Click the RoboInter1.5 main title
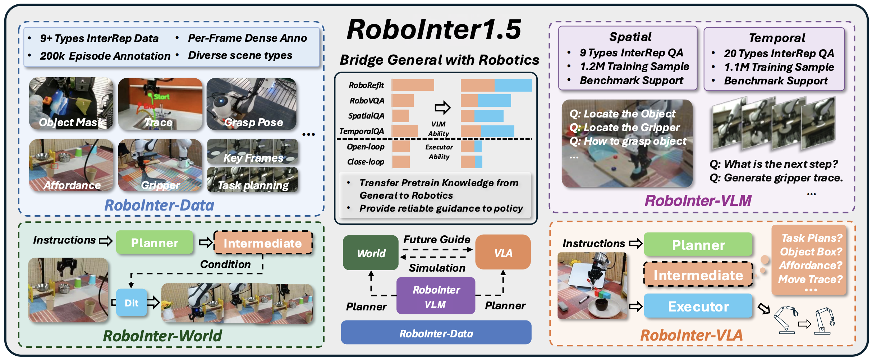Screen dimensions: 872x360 434,29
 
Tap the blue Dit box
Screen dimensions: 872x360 132,303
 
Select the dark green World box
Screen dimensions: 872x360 371,253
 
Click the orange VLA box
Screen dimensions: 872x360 503,253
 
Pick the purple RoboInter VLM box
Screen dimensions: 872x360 436,296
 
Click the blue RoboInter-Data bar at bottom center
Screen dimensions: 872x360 436,333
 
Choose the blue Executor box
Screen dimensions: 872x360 698,306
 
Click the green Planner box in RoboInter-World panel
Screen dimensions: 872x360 155,243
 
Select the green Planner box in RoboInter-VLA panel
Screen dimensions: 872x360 698,245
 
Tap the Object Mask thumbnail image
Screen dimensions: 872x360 71,103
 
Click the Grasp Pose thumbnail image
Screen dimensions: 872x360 252,103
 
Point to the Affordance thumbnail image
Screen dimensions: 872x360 71,165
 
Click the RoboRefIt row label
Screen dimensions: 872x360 366,85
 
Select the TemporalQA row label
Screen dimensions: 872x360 362,131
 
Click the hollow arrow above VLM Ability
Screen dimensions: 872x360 442,107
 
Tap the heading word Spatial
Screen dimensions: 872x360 630,37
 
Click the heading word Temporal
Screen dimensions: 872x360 777,38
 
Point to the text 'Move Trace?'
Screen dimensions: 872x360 810,279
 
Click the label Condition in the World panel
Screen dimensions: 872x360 225,264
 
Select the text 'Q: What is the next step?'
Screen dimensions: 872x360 774,164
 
